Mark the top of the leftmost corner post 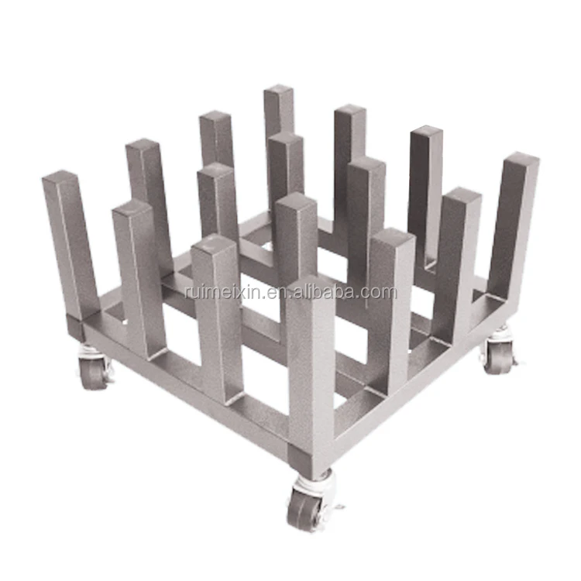click(60, 177)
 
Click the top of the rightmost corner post click(521, 159)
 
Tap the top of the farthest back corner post click(278, 90)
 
